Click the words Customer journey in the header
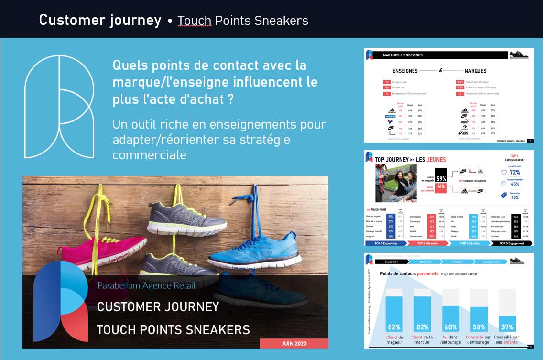100,20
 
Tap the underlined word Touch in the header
195,21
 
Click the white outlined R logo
59,107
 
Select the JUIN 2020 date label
294,343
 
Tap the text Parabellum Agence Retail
146,286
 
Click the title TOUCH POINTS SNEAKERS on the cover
173,329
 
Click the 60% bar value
451,327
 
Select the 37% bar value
507,327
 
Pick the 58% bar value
478,327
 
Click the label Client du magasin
394,339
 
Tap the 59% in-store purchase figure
441,178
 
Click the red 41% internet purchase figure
441,187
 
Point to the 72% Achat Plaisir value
515,172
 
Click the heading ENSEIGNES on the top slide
405,71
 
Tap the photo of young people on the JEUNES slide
396,183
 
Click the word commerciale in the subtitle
149,155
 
